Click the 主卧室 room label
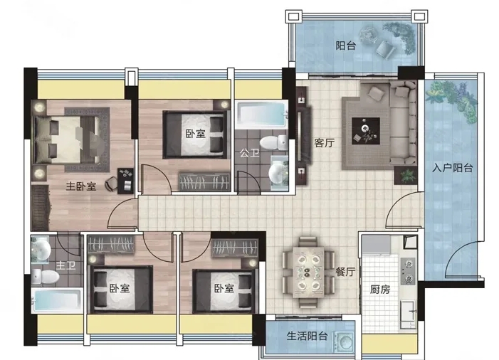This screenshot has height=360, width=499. pyautogui.click(x=81, y=186)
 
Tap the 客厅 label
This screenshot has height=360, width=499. pyautogui.click(x=325, y=143)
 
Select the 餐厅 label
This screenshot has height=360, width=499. pyautogui.click(x=345, y=272)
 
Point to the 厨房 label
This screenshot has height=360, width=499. pyautogui.click(x=380, y=289)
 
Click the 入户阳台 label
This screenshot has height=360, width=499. pyautogui.click(x=452, y=168)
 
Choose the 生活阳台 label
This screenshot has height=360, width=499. pyautogui.click(x=307, y=336)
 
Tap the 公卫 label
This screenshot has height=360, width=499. pyautogui.click(x=249, y=153)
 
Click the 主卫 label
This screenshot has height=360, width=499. pyautogui.click(x=65, y=265)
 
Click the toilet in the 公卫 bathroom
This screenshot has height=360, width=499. pyautogui.click(x=273, y=143)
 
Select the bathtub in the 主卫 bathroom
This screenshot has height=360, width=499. pyautogui.click(x=57, y=300)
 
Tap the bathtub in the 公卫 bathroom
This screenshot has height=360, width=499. pyautogui.click(x=261, y=115)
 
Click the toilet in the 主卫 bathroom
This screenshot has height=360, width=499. pyautogui.click(x=45, y=277)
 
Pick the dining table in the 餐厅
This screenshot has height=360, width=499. pyautogui.click(x=308, y=272)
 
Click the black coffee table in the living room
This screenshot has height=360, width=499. pyautogui.click(x=366, y=131)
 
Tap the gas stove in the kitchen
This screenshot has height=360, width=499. pyautogui.click(x=408, y=271)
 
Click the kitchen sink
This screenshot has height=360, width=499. pyautogui.click(x=408, y=314)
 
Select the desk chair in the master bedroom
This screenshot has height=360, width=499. pyautogui.click(x=111, y=184)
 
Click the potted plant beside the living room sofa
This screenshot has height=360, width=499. pyautogui.click(x=406, y=175)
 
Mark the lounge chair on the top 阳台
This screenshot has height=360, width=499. pyautogui.click(x=386, y=49)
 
